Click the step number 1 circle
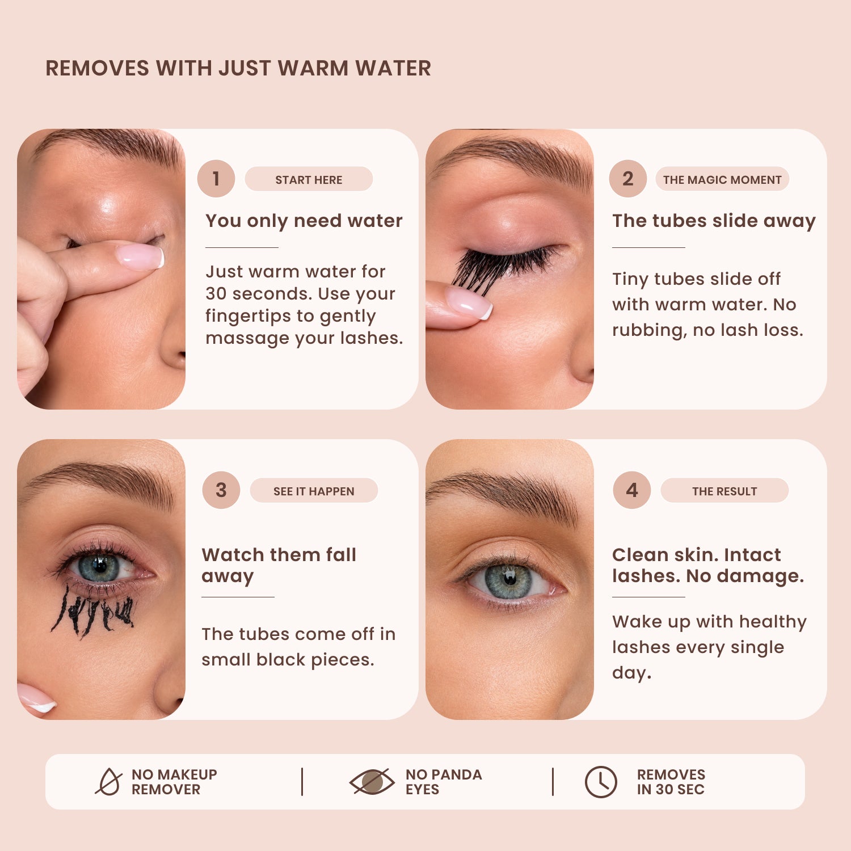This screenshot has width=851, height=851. [x=216, y=179]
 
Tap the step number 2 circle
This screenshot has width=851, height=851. [x=628, y=179]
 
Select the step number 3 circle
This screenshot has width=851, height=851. [x=221, y=490]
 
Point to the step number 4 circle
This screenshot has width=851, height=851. [x=632, y=490]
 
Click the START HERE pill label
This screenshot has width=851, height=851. [x=309, y=179]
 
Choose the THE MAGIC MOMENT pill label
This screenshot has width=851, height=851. [x=722, y=179]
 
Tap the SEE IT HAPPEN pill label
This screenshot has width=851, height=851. [x=314, y=491]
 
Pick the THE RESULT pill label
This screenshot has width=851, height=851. [x=724, y=491]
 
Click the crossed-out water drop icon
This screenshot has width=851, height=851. [x=109, y=782]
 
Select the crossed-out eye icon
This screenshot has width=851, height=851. [x=372, y=782]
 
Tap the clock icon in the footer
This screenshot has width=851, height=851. [x=601, y=782]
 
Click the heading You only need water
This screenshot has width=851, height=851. [x=304, y=221]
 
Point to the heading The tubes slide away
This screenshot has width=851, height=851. [x=714, y=221]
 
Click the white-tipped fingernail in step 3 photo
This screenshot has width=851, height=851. [x=36, y=698]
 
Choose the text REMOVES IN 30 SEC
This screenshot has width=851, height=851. [x=671, y=782]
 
